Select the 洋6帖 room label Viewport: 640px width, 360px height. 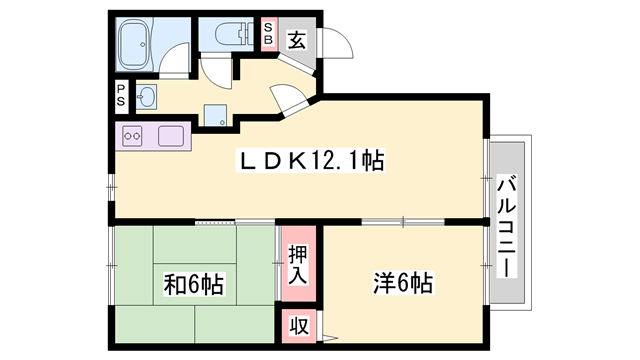[x=402, y=283]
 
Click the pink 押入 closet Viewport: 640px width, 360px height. [x=297, y=266]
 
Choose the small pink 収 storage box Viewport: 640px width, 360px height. [x=298, y=325]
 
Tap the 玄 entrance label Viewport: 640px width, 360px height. [x=296, y=41]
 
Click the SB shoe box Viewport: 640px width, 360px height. [x=269, y=34]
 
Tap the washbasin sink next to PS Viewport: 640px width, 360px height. [x=146, y=97]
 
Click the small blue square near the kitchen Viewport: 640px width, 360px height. [x=212, y=112]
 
